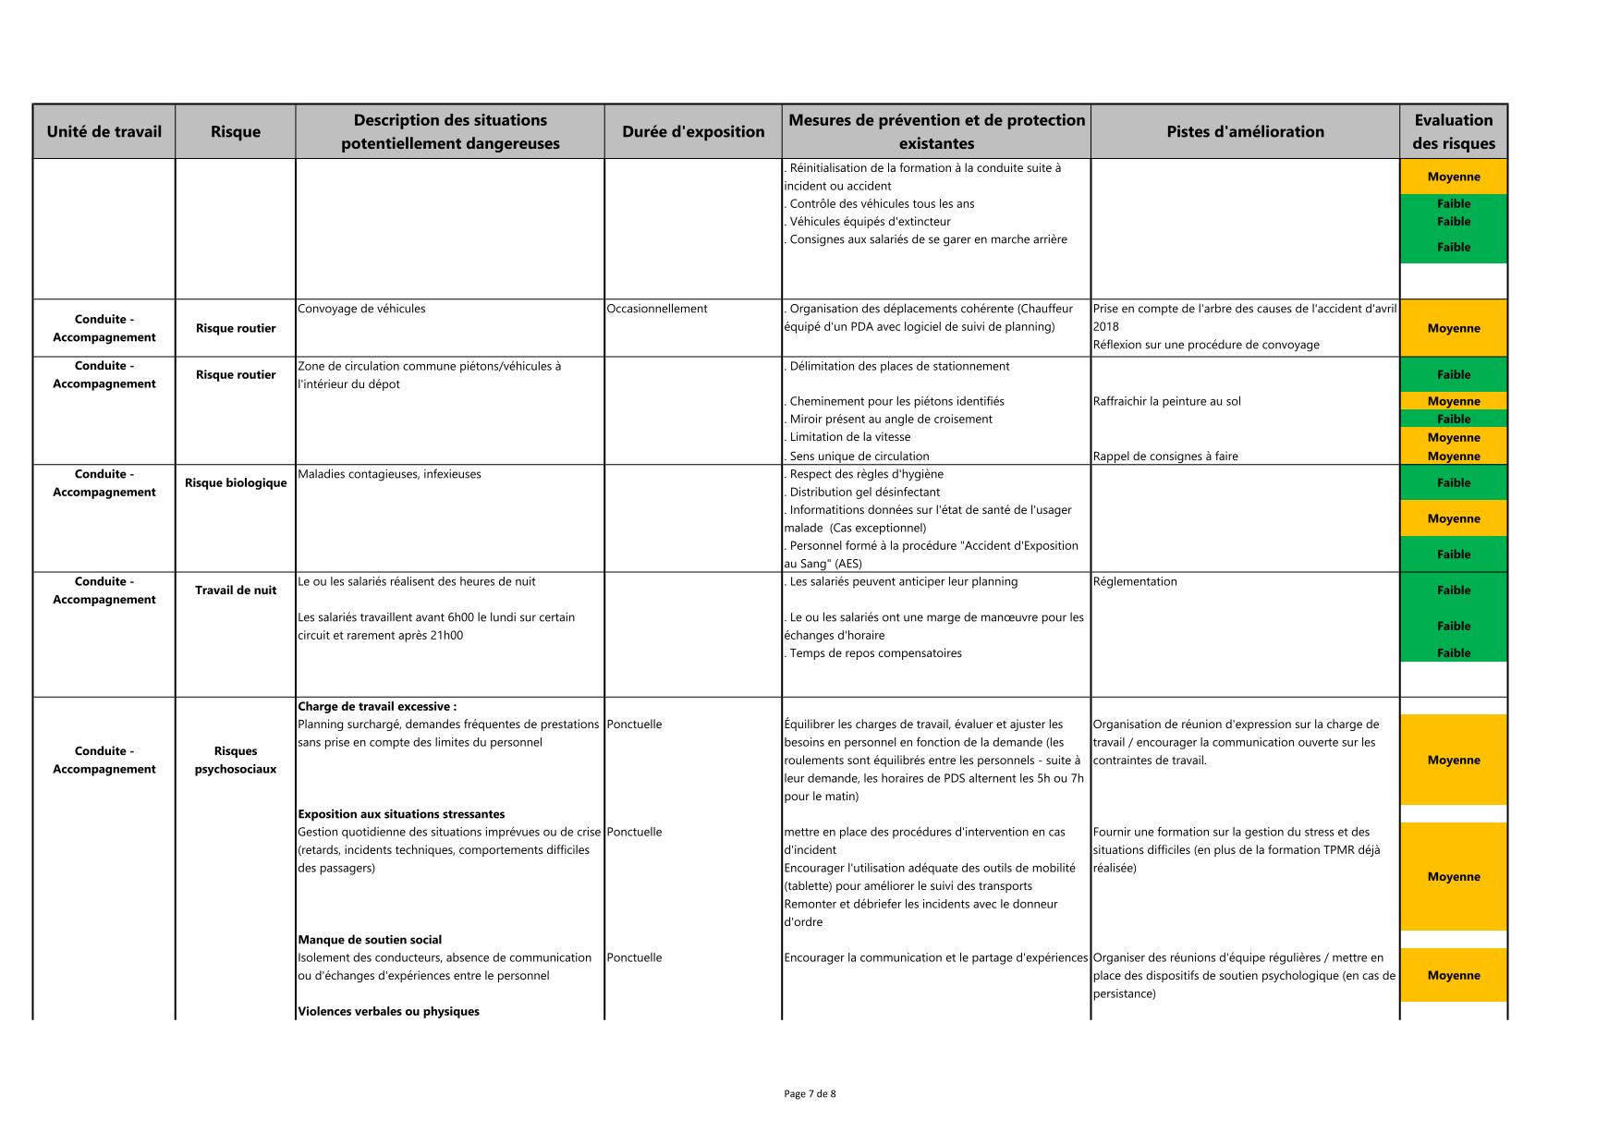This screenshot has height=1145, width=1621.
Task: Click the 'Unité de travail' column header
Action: (104, 131)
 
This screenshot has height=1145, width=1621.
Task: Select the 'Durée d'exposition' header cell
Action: (693, 131)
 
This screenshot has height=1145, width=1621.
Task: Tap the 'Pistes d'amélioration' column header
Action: (1245, 131)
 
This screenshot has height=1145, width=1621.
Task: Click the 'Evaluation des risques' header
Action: (1453, 131)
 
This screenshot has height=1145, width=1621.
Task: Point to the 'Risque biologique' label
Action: (236, 482)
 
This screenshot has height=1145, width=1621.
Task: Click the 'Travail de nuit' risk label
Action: (236, 591)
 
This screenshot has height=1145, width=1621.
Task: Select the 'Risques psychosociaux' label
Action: (236, 760)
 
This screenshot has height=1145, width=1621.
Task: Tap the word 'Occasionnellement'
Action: (657, 309)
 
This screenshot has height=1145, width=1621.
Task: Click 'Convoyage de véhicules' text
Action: (361, 309)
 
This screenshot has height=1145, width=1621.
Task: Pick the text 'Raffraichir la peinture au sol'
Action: (1166, 401)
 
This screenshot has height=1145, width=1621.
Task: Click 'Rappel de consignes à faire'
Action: (1165, 457)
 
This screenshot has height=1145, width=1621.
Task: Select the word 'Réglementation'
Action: (1135, 581)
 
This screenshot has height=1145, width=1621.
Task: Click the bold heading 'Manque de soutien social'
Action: (370, 940)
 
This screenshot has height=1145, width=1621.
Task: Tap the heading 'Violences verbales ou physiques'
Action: (388, 1012)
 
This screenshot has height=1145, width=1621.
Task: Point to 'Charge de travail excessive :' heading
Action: (377, 707)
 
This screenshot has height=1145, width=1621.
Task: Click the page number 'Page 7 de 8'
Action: (810, 1094)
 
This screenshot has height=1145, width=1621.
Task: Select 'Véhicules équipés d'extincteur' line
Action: (869, 222)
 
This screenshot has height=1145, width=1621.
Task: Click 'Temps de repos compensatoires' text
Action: (874, 653)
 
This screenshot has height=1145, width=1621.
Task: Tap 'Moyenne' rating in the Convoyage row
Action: (1453, 328)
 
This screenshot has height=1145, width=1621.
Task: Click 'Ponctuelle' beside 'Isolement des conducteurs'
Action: (635, 957)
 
